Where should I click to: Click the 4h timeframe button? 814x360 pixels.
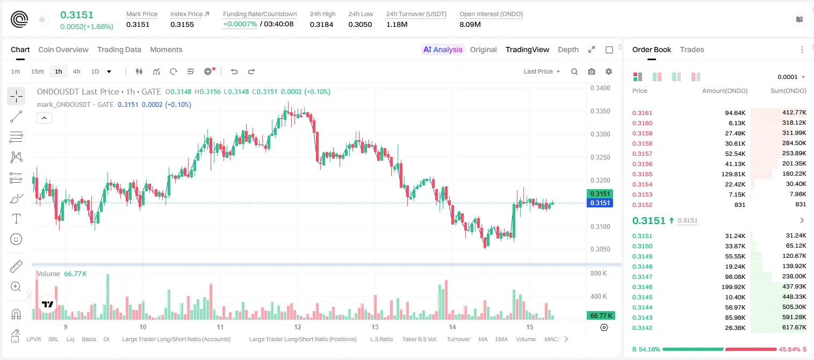pos(76,71)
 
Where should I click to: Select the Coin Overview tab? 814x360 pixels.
pos(63,49)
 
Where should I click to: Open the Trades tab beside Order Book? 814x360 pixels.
pos(691,49)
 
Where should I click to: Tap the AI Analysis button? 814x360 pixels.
pos(443,49)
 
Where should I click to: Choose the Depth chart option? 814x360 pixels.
pos(568,49)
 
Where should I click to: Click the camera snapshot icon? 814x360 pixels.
pos(592,71)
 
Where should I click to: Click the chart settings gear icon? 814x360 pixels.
pos(609,71)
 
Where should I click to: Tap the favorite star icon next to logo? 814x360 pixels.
pos(42,19)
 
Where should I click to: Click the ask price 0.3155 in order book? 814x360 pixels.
pos(642,174)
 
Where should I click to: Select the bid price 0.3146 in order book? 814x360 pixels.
pos(642,286)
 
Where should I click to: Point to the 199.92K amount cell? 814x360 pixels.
pos(733,286)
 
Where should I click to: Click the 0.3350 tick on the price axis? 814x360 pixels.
pos(600,111)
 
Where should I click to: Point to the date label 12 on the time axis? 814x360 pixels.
pos(298,327)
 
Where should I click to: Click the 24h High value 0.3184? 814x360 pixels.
pos(321,24)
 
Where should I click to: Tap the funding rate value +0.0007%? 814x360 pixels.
pos(240,24)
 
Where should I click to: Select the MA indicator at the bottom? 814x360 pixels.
pos(483,339)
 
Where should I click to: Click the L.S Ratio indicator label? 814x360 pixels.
pos(381,339)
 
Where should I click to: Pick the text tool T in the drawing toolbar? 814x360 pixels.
pos(16,219)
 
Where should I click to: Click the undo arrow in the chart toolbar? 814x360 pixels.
pos(234,71)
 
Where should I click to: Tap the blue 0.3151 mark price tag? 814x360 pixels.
pos(600,203)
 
